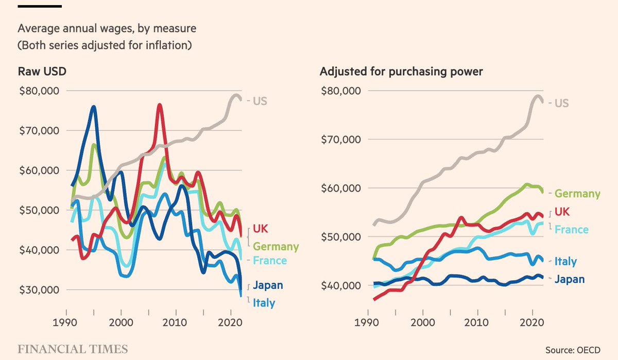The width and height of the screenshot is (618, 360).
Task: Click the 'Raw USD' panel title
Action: pyautogui.click(x=42, y=72)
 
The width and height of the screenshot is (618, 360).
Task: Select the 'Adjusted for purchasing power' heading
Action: pyautogui.click(x=401, y=72)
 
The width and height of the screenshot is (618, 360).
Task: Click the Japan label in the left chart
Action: pyautogui.click(x=268, y=285)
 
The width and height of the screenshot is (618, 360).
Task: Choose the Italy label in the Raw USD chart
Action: pyautogui.click(x=264, y=303)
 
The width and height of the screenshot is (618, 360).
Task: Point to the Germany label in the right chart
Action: pyautogui.click(x=577, y=194)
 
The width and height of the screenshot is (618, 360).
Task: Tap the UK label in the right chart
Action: pyautogui.click(x=562, y=212)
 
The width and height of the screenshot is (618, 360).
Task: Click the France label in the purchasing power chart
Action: pyautogui.click(x=571, y=229)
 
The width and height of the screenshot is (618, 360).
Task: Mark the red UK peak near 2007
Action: pyautogui.click(x=160, y=105)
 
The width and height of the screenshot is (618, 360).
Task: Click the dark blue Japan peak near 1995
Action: pyautogui.click(x=93, y=107)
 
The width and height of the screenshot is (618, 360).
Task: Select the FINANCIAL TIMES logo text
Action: pyautogui.click(x=73, y=349)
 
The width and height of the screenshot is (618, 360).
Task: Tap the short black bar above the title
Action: pyautogui.click(x=40, y=6)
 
